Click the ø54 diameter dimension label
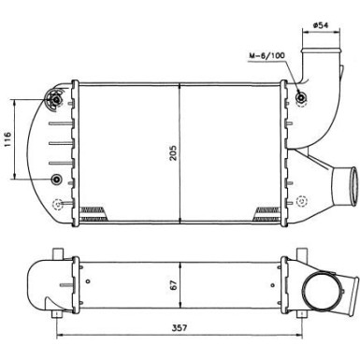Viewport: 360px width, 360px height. (x=320, y=25)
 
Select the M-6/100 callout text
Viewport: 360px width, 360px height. (x=266, y=55)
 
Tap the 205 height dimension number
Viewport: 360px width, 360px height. (x=173, y=152)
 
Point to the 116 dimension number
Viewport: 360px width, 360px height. (x=7, y=139)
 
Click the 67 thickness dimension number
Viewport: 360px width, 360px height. (x=173, y=284)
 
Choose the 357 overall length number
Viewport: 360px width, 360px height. (x=180, y=327)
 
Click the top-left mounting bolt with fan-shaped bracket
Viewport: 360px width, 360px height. (x=56, y=99)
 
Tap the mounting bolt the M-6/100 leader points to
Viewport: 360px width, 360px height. (x=301, y=98)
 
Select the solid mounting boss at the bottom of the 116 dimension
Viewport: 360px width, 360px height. (x=56, y=179)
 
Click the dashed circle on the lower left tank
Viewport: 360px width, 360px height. (x=57, y=204)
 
